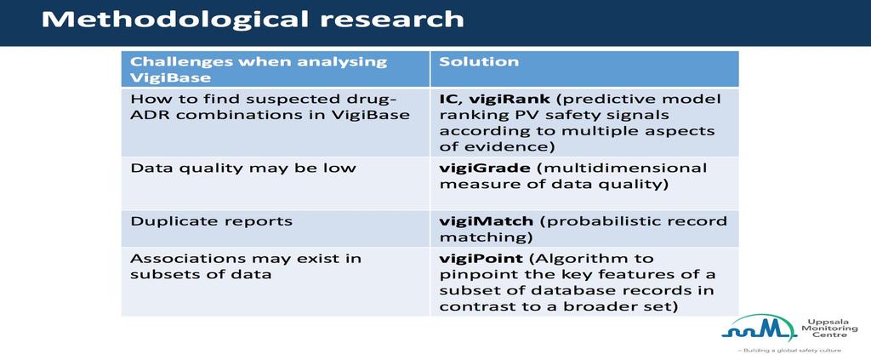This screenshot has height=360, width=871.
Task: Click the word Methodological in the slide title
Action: click(174, 20)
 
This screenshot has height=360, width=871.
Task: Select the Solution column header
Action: click(479, 61)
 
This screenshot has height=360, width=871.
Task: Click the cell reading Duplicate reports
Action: click(211, 221)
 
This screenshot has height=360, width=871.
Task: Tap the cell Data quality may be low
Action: click(242, 169)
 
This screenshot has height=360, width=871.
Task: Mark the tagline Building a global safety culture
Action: click(789, 351)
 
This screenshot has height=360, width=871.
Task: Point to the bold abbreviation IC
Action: click(447, 100)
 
